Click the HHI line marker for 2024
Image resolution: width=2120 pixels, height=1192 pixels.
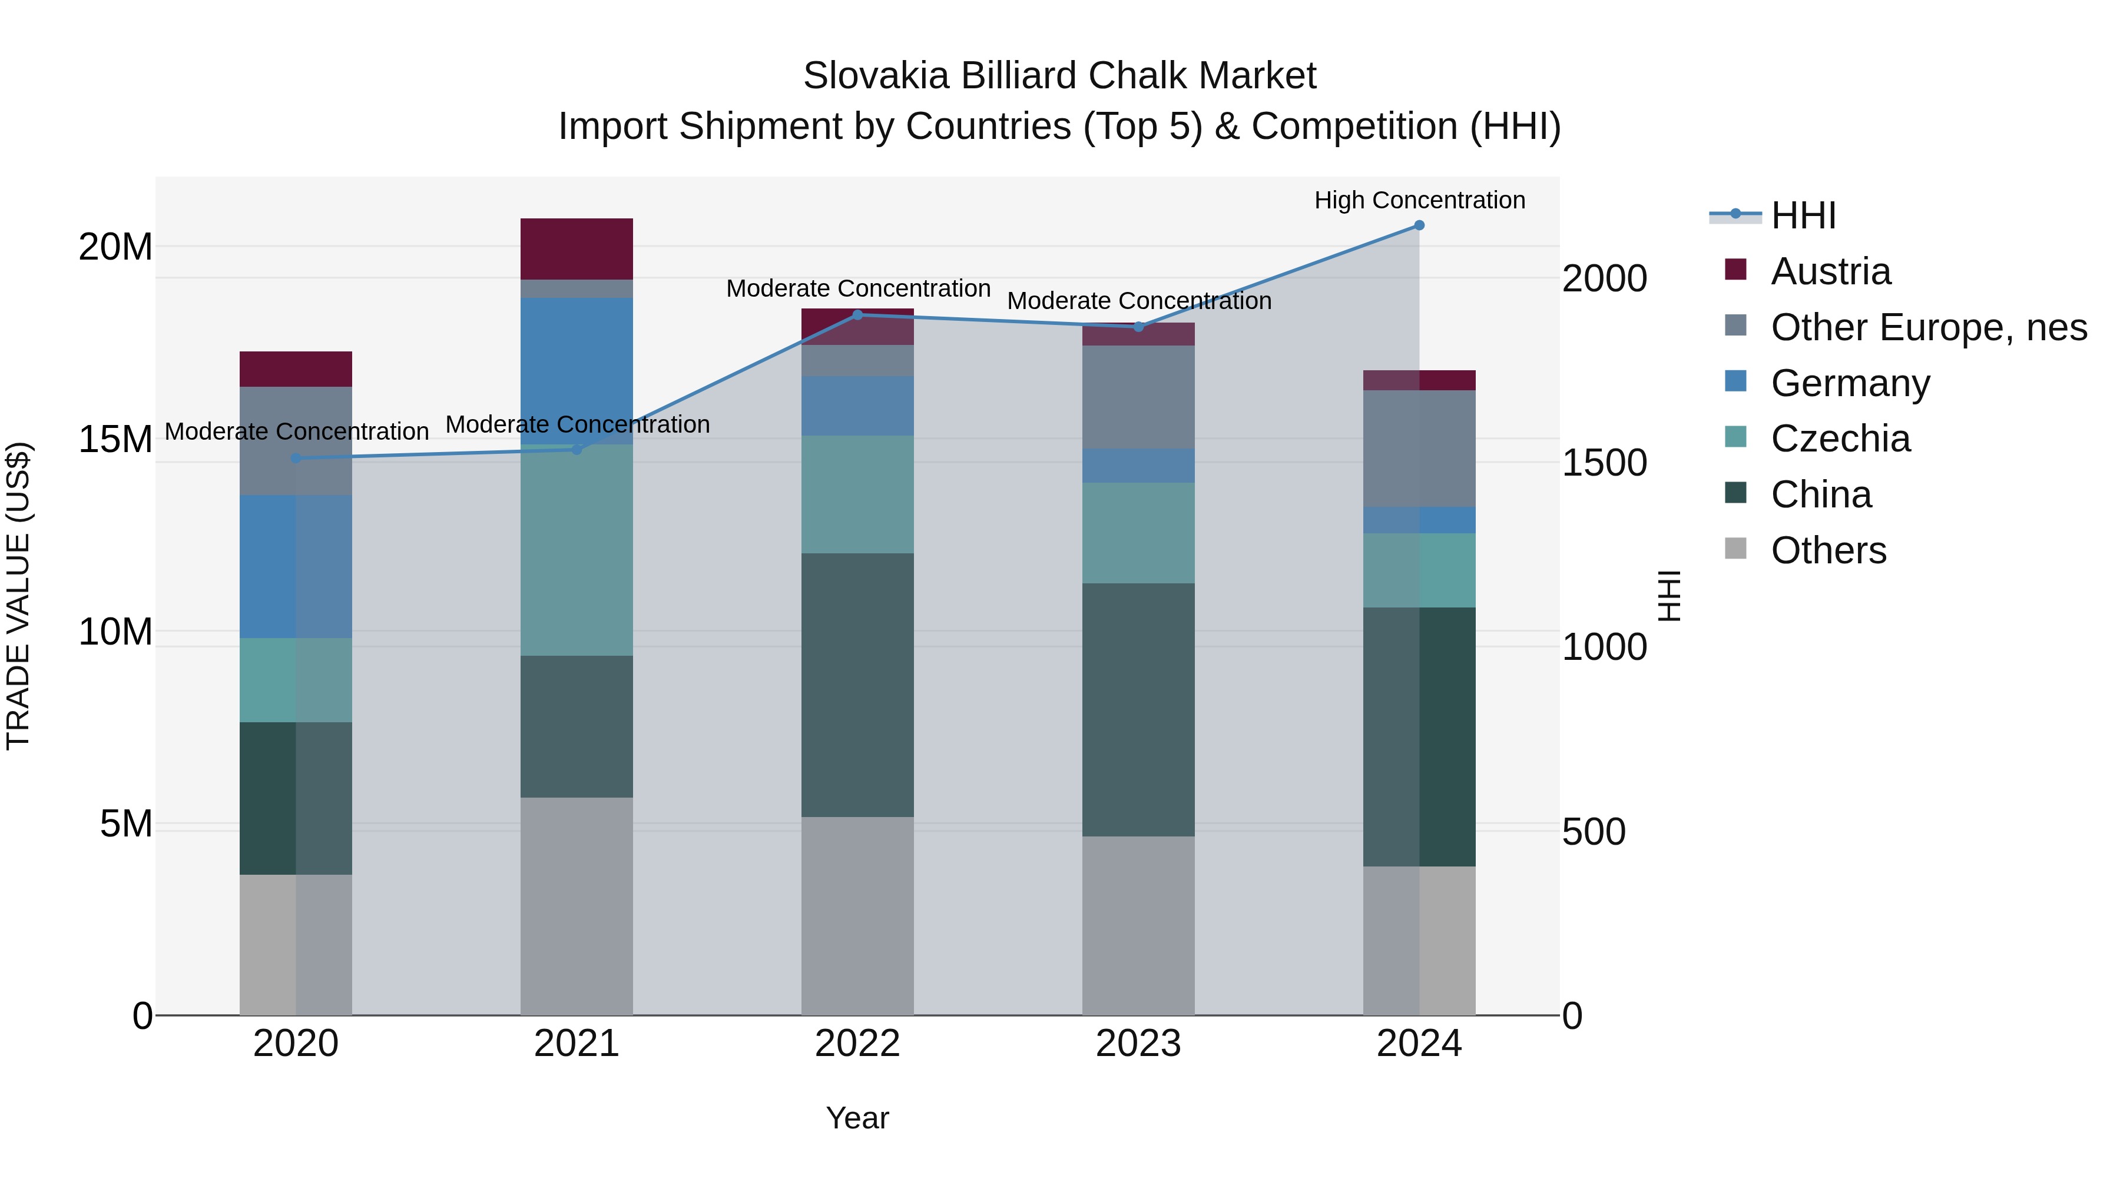click(x=1419, y=225)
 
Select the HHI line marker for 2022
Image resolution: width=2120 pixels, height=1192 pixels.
click(x=857, y=315)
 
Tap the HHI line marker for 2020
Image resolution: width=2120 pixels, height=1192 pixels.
click(x=296, y=458)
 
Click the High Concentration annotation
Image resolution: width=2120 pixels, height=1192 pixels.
click(x=1419, y=200)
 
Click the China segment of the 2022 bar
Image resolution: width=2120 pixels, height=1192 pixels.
click(x=857, y=685)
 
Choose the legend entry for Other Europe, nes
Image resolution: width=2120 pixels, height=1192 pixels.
click(x=1928, y=327)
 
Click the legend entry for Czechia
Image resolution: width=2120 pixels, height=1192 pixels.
click(x=1840, y=439)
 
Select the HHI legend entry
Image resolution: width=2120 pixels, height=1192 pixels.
click(x=1803, y=215)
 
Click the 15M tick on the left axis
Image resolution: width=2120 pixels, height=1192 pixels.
click(x=115, y=439)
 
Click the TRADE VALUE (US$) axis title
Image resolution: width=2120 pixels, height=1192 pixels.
click(x=18, y=596)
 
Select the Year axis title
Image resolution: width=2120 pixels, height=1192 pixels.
click(x=857, y=1118)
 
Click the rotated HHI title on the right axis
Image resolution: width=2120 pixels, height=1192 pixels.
click(x=1669, y=596)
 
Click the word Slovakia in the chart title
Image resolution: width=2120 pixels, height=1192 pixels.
click(x=876, y=76)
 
